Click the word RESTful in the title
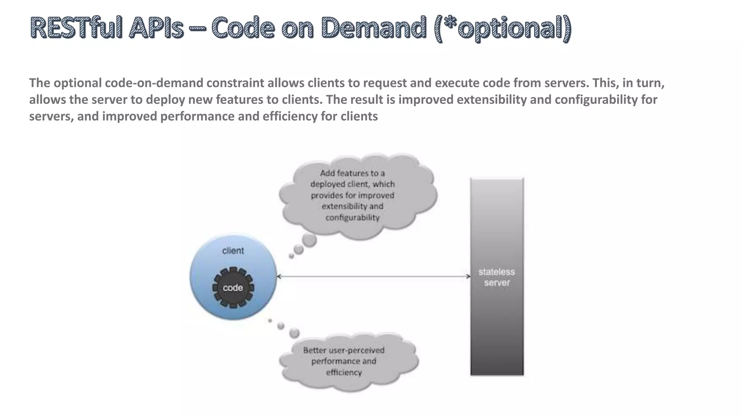point(76,28)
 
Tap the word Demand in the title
point(373,28)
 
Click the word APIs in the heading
point(156,28)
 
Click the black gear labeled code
point(233,288)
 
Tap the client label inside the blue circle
point(233,250)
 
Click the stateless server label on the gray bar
point(497,277)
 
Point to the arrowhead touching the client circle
point(279,277)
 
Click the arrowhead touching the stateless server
point(468,277)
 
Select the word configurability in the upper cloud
point(352,218)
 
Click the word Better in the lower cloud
point(314,350)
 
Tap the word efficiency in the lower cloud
point(344,372)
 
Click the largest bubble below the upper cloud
point(309,240)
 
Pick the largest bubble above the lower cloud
point(295,333)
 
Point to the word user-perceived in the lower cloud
point(356,350)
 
